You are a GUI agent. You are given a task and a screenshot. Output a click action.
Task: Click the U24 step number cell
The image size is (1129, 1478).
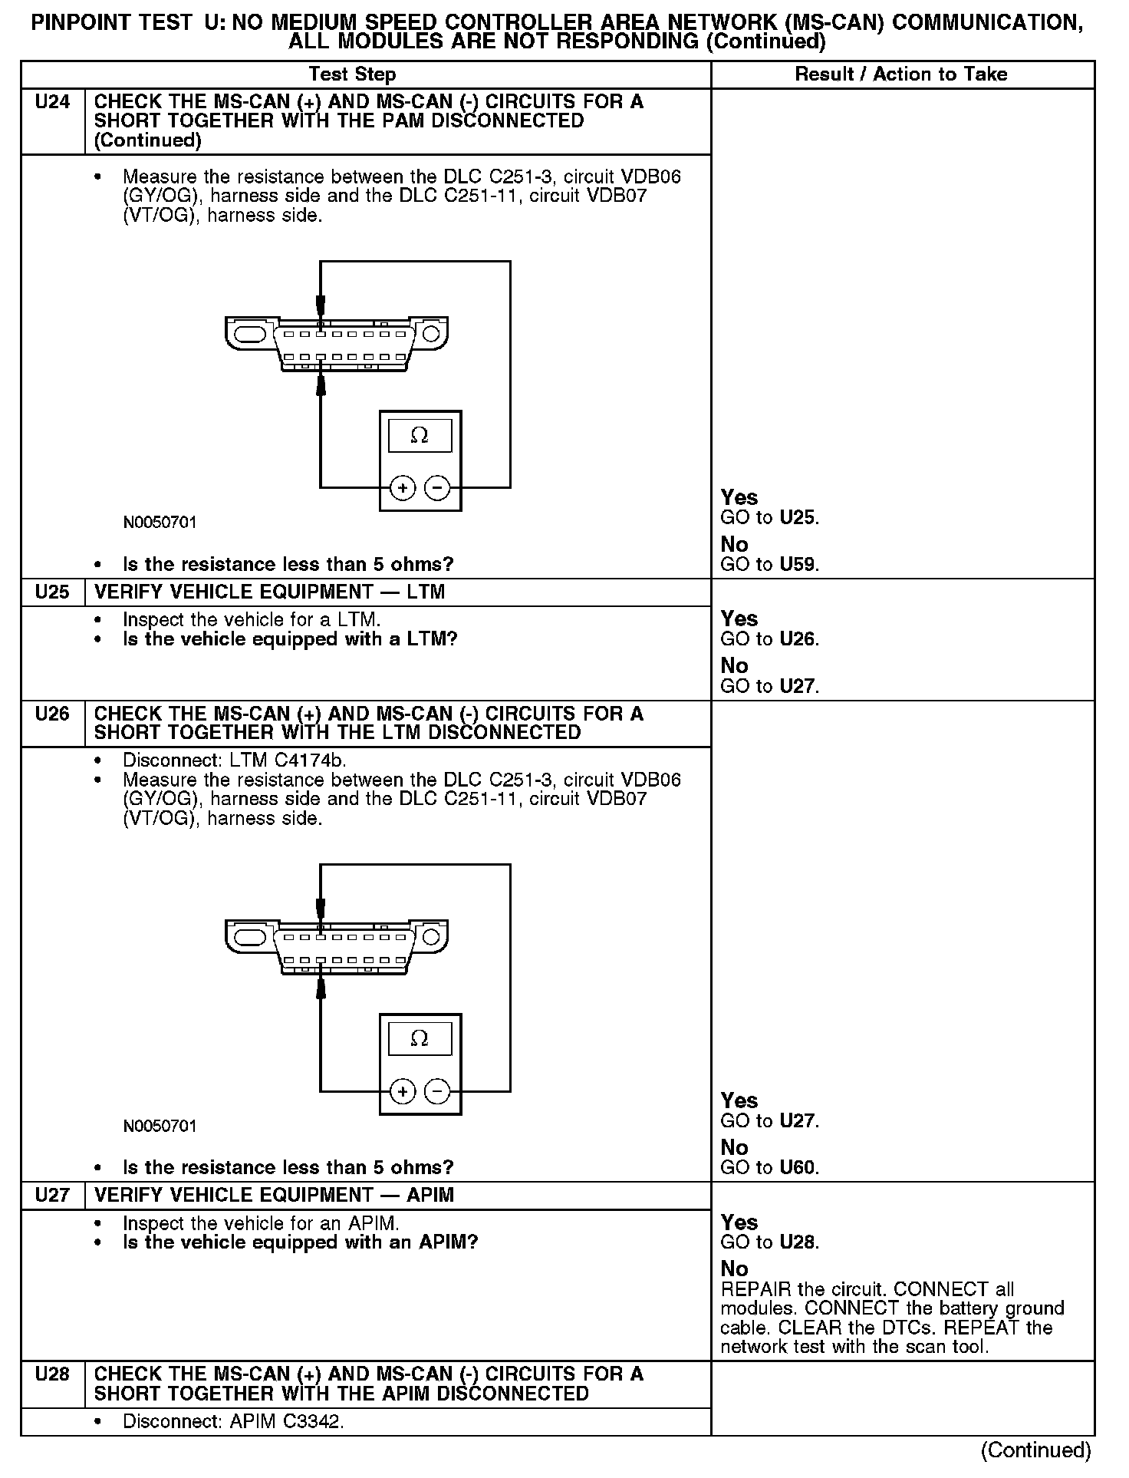click(x=52, y=102)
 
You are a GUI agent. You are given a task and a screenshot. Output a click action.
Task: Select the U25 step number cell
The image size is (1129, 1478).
click(x=52, y=592)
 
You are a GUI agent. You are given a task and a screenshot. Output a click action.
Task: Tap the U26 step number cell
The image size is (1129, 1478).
click(x=52, y=714)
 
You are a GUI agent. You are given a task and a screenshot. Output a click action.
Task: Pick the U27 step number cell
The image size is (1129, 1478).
click(x=52, y=1196)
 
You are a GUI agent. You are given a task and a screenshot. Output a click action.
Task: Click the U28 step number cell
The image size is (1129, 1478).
click(x=52, y=1374)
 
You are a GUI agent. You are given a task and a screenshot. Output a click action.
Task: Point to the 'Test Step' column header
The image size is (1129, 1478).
click(x=352, y=74)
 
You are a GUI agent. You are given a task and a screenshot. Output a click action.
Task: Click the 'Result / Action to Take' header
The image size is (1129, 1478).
click(x=901, y=74)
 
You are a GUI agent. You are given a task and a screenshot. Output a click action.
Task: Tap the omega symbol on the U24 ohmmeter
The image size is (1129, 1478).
click(x=420, y=436)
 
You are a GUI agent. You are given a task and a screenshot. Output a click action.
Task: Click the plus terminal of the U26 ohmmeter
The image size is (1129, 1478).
click(x=403, y=1091)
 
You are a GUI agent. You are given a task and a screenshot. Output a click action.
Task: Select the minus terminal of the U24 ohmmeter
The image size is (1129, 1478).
click(x=437, y=488)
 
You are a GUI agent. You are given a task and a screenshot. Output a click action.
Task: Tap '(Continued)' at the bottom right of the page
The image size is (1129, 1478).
click(x=1035, y=1450)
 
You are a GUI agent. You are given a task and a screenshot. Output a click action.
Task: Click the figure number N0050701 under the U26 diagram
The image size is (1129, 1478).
click(x=160, y=1127)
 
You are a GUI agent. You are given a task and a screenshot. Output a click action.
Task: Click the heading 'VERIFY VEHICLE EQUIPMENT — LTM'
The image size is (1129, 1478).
click(x=269, y=592)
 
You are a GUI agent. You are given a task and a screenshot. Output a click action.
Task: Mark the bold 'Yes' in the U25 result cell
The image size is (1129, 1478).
click(x=739, y=619)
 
